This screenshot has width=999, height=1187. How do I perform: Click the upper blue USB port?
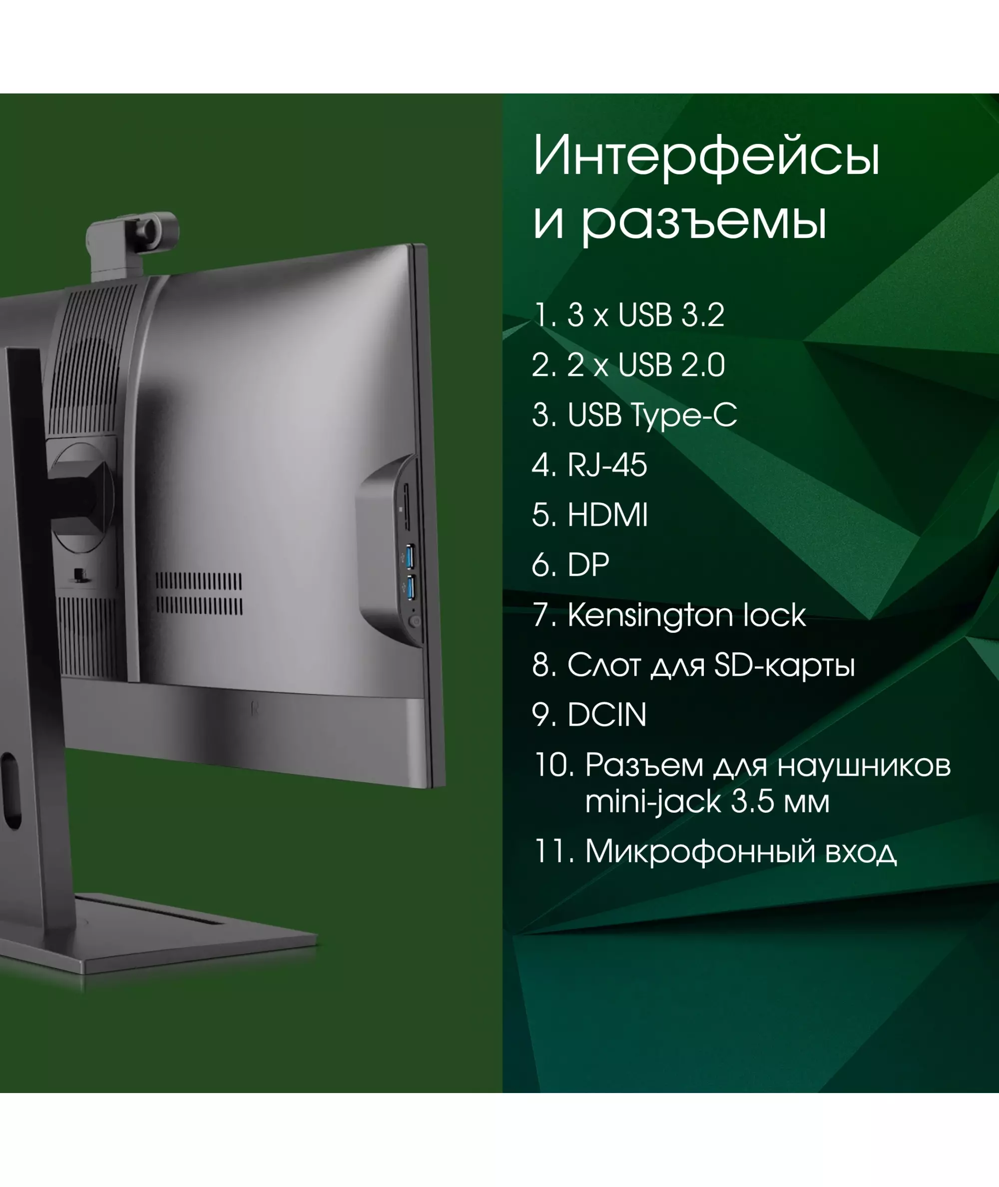[x=410, y=556]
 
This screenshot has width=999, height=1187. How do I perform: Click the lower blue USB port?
[x=411, y=588]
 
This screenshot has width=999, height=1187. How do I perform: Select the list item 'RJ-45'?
[x=589, y=465]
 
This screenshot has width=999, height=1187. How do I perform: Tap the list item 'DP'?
[x=571, y=565]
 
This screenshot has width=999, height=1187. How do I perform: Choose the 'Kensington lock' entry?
[x=669, y=615]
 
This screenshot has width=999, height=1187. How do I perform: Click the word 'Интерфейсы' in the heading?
[x=706, y=156]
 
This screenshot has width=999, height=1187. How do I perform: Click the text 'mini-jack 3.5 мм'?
[x=707, y=802]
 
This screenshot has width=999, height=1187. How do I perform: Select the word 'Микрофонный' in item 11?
[x=700, y=852]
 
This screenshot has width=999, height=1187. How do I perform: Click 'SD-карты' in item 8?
[x=784, y=666]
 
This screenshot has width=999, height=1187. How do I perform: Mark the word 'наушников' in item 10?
[x=864, y=766]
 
